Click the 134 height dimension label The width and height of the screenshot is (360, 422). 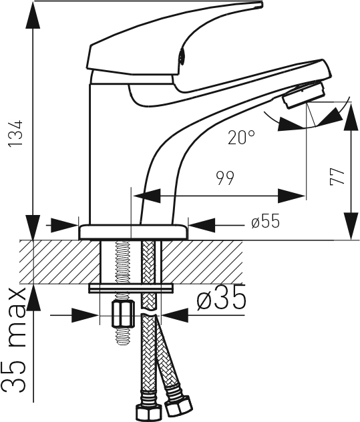point(15,134)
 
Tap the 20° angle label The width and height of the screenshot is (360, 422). point(241,138)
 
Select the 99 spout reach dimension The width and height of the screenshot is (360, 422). point(225,178)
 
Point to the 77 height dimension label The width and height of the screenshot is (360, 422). point(337,177)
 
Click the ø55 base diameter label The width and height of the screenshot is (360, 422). point(266,222)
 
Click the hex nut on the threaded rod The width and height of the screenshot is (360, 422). point(123,314)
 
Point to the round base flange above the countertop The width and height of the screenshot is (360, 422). point(133,232)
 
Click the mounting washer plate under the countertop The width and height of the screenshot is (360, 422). point(131,288)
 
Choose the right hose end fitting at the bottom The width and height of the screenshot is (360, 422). point(178,405)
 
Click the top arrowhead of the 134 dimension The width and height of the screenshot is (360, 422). point(33,16)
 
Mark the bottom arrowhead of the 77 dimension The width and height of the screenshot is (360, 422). point(351,226)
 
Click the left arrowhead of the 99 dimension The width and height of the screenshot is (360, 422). point(147,196)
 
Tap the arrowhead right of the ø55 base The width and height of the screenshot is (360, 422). point(202,225)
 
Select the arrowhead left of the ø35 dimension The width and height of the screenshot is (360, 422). point(85,315)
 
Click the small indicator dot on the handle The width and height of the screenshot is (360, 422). point(181,57)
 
